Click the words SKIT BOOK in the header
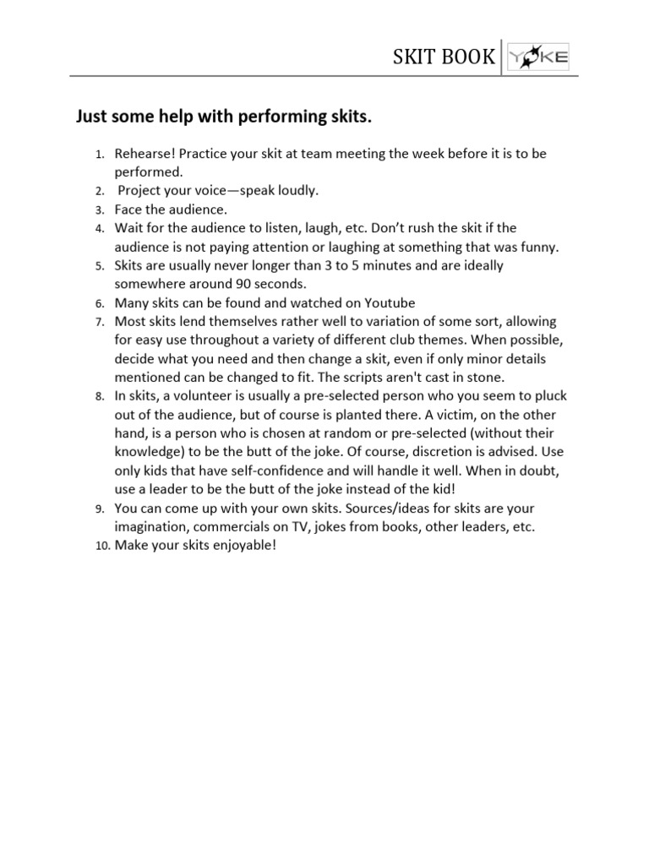444,57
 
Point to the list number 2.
98,191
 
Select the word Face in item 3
128,209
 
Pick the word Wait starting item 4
129,228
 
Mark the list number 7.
98,322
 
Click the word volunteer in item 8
197,395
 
